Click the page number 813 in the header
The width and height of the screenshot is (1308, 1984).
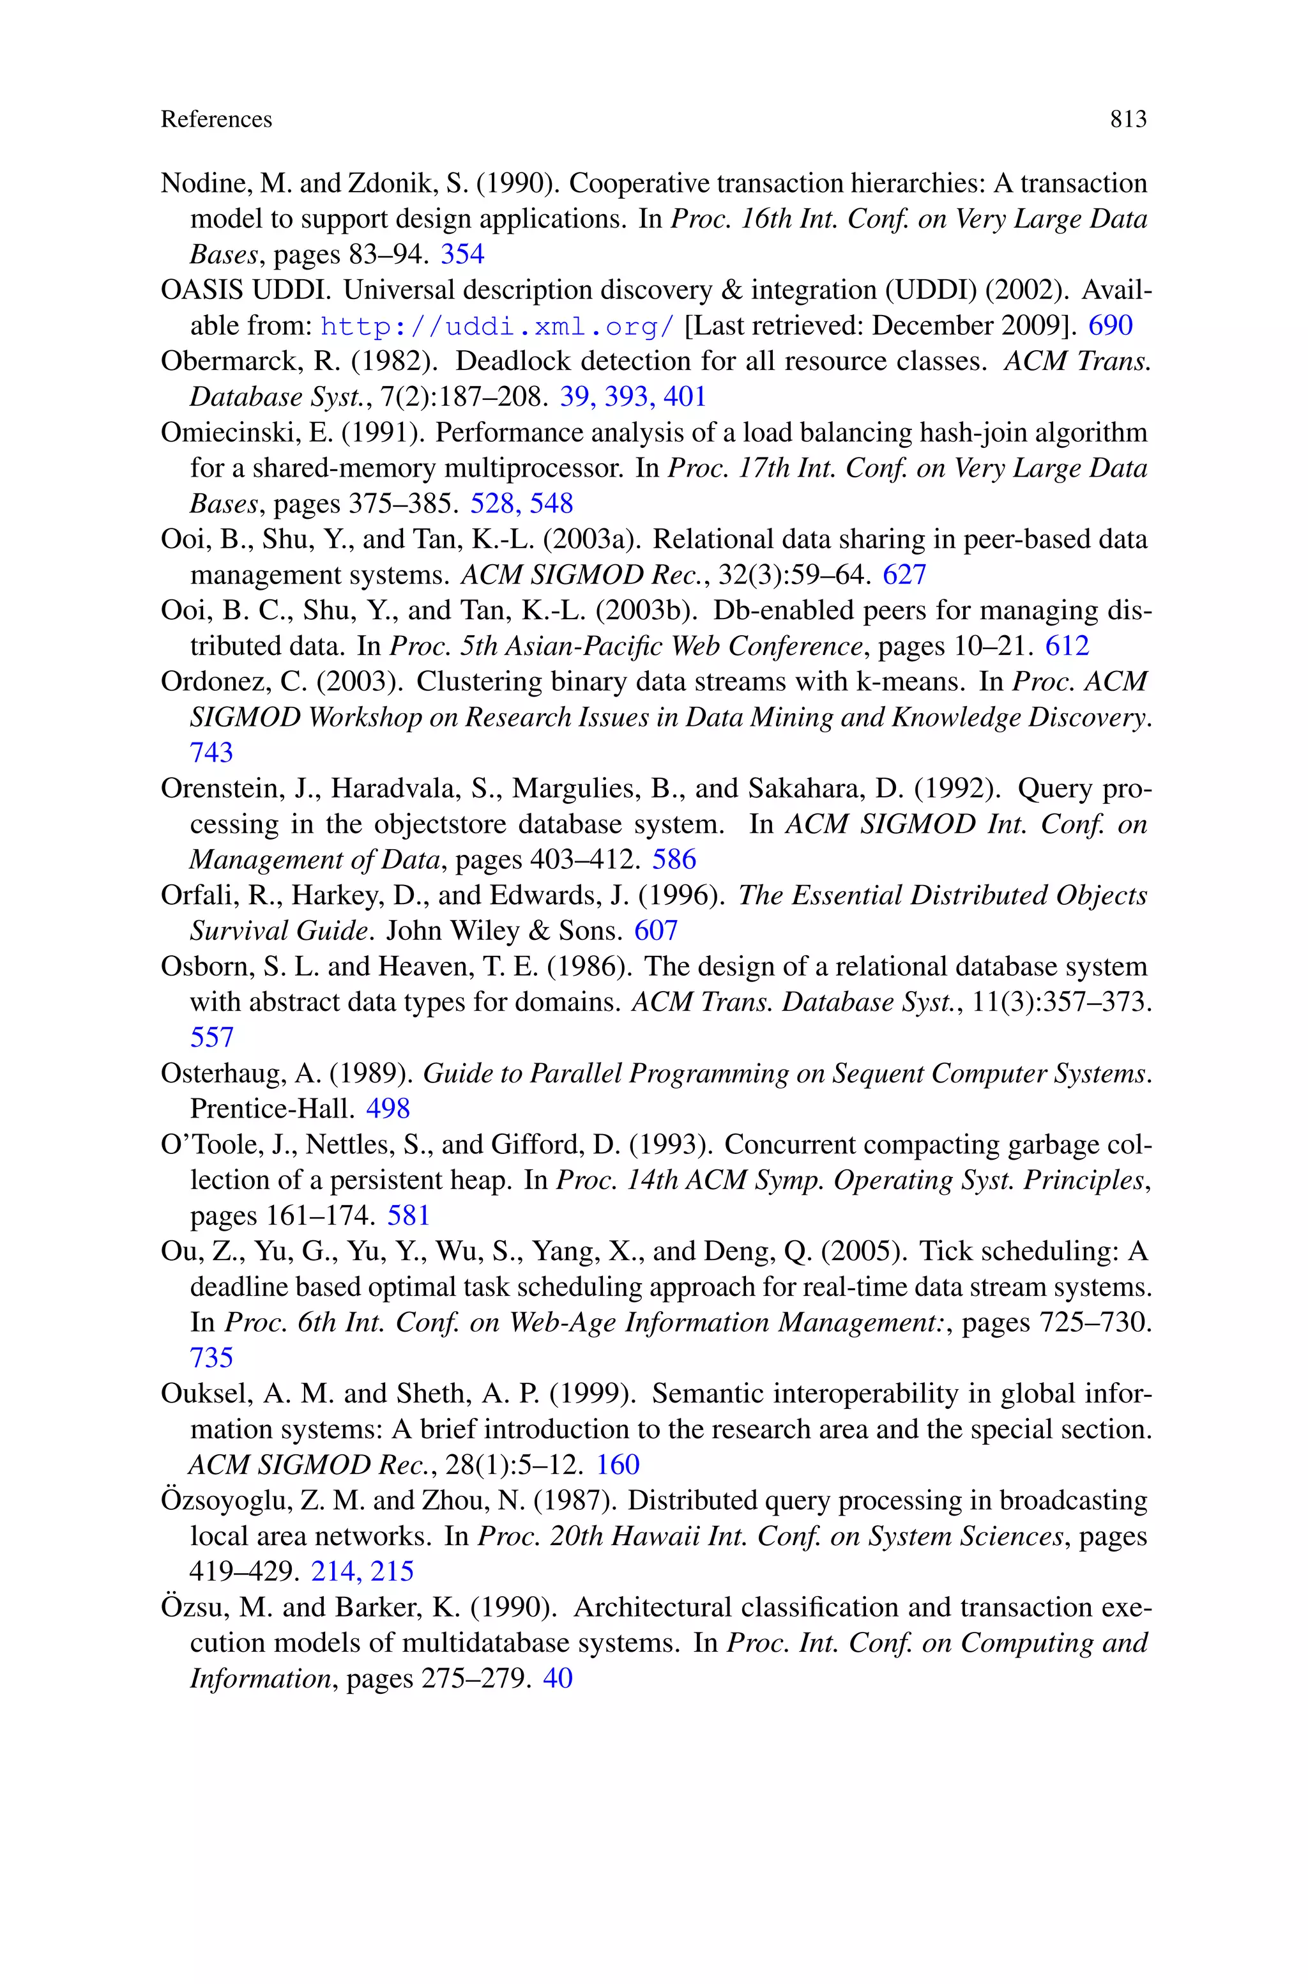pos(1128,119)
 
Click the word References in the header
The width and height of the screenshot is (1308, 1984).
pos(216,119)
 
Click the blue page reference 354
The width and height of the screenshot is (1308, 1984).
pos(462,254)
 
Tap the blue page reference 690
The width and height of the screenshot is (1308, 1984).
pos(1110,325)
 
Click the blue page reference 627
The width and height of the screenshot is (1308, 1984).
pos(904,575)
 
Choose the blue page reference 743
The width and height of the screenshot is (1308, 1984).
pos(211,753)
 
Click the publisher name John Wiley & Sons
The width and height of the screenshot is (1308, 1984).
pos(504,930)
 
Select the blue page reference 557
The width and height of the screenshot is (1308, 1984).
pos(211,1037)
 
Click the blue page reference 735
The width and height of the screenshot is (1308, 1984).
pos(211,1357)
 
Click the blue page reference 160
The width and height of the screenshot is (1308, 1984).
pos(618,1465)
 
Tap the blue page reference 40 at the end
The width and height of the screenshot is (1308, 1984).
pos(557,1678)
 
